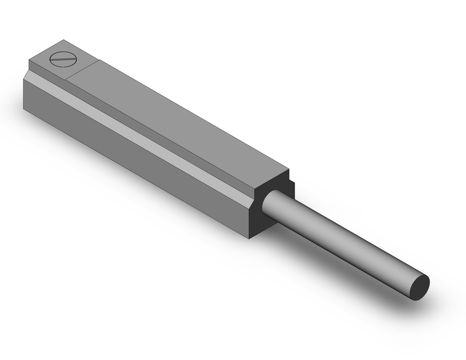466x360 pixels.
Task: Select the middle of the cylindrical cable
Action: pyautogui.click(x=345, y=242)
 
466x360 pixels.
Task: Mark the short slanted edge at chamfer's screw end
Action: pyautogui.click(x=27, y=75)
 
